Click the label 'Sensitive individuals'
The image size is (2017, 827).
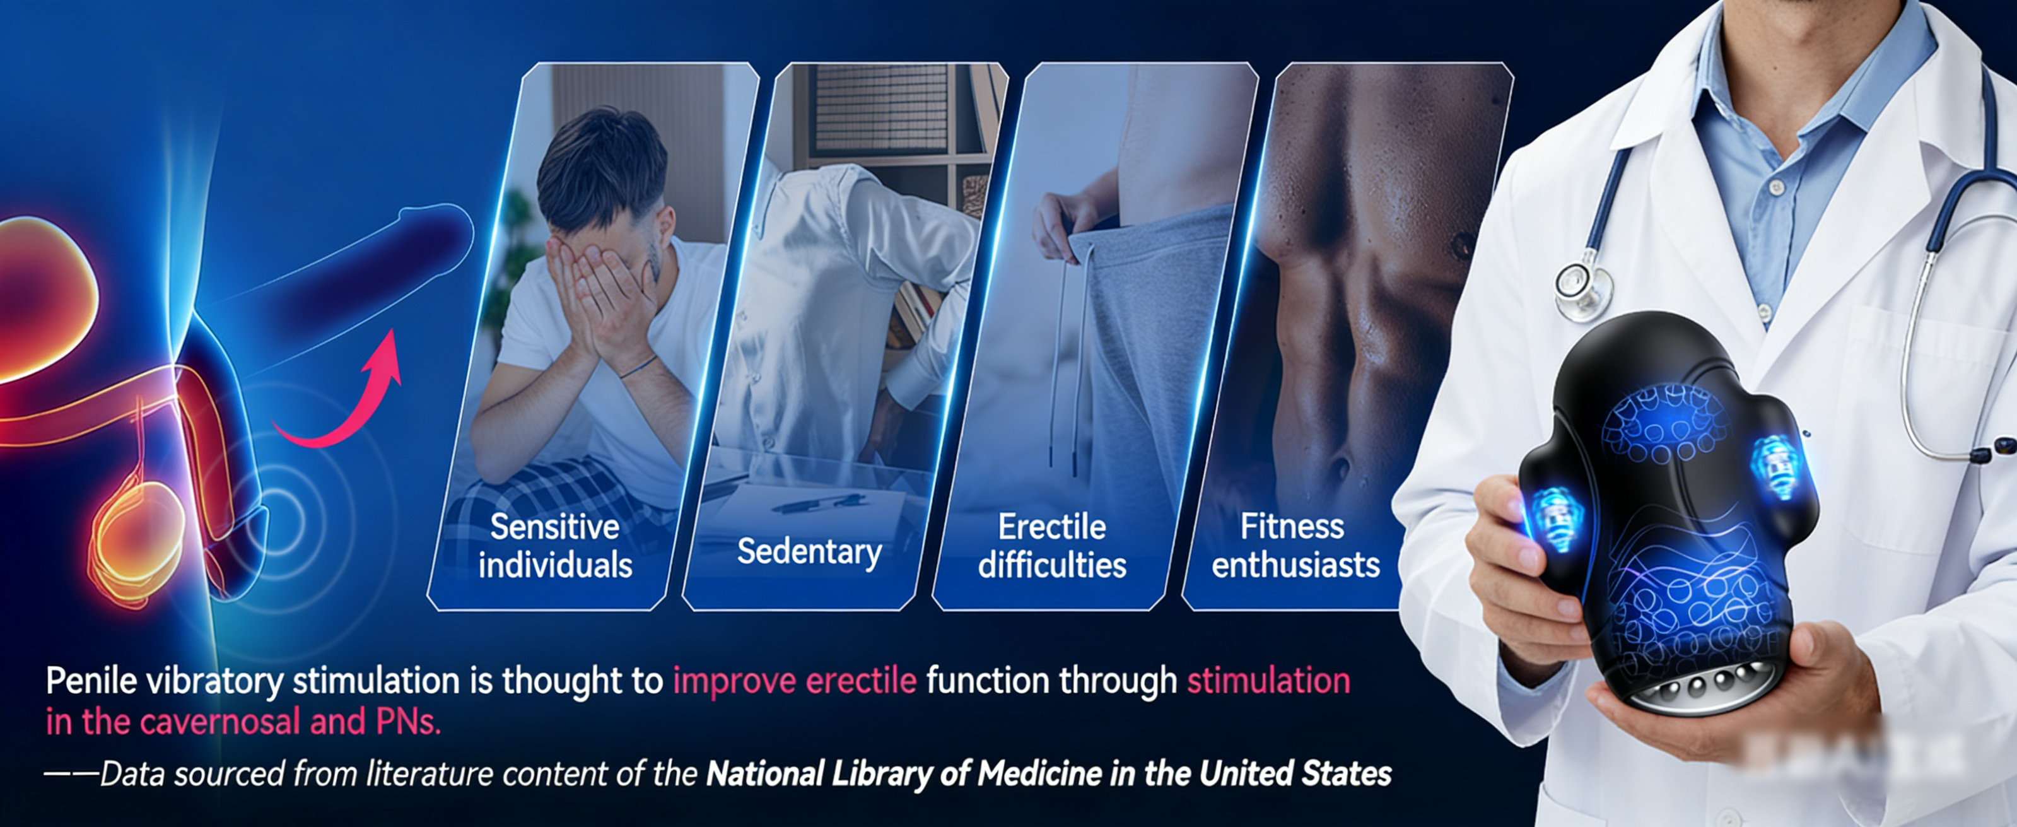(x=555, y=546)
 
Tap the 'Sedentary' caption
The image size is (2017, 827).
(x=810, y=552)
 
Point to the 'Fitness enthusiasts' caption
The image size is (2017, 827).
(x=1295, y=546)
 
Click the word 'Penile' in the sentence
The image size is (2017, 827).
(x=91, y=681)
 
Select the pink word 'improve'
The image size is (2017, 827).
(x=734, y=681)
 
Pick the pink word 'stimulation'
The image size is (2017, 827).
(x=1268, y=681)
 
